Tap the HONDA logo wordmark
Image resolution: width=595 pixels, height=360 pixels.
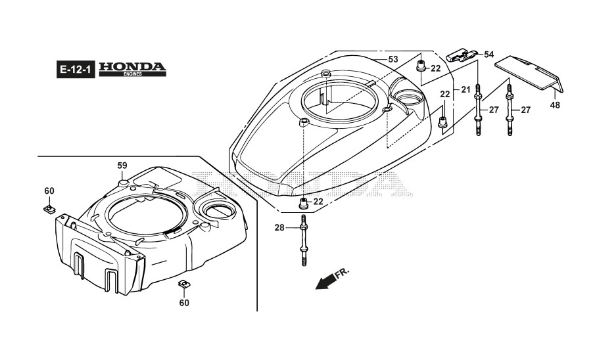click(x=132, y=67)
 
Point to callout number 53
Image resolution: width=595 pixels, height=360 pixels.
click(x=393, y=59)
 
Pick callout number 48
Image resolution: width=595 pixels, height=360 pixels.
click(x=555, y=105)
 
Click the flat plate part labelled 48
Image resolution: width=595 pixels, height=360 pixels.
click(x=529, y=72)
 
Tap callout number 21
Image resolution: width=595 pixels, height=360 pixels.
click(x=465, y=89)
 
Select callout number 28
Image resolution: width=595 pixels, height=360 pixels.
click(x=279, y=228)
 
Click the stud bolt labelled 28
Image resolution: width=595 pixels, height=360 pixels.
click(x=303, y=240)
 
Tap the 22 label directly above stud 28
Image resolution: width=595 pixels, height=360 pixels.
click(x=318, y=201)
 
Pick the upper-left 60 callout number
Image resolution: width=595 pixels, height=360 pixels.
click(x=49, y=191)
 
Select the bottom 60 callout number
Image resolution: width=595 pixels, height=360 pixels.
click(x=184, y=303)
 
